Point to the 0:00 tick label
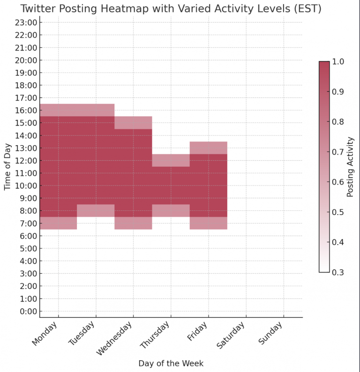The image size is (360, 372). pyautogui.click(x=28, y=311)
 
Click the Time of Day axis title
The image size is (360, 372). pyautogui.click(x=7, y=167)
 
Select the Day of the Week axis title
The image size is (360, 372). pyautogui.click(x=171, y=363)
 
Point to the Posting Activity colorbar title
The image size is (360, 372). pyautogui.click(x=350, y=167)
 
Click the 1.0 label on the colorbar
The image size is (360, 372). pyautogui.click(x=337, y=61)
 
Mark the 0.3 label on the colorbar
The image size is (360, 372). pyautogui.click(x=337, y=272)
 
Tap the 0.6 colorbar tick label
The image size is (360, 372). pyautogui.click(x=337, y=182)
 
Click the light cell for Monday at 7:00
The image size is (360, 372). pyautogui.click(x=59, y=223)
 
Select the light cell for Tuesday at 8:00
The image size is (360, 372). pyautogui.click(x=96, y=210)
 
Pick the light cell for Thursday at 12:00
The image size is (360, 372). pyautogui.click(x=171, y=160)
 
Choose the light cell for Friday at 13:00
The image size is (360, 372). pyautogui.click(x=209, y=148)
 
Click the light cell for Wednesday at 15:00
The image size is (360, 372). pyautogui.click(x=134, y=122)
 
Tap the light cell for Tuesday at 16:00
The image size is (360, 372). pyautogui.click(x=96, y=110)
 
